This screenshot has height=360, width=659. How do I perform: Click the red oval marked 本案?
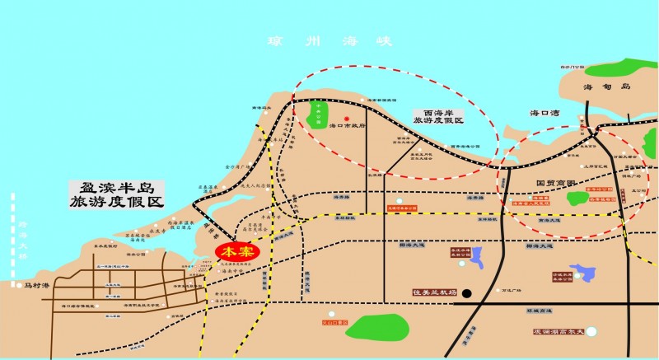[x=235, y=251]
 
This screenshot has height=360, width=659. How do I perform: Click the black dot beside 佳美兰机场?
[x=466, y=292]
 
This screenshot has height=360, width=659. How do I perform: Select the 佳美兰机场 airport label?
[x=433, y=292]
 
